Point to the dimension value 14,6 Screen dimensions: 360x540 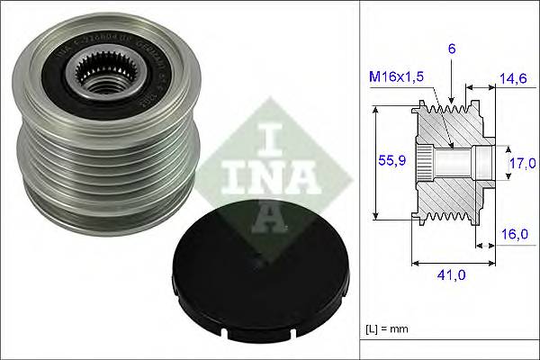tap(513, 79)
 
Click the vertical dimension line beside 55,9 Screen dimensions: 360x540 tap(373, 162)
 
